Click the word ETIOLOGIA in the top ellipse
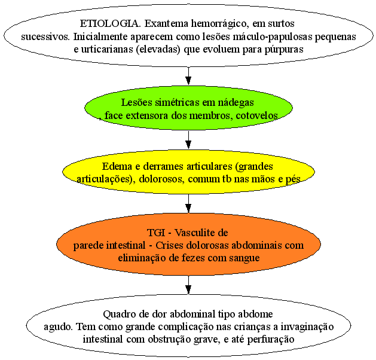point(110,23)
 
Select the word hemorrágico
point(219,24)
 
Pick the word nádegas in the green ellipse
point(236,103)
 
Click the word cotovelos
point(257,115)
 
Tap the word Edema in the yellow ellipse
point(117,166)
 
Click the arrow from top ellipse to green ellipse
point(188,76)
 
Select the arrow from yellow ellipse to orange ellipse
point(188,203)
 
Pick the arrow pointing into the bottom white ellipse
point(188,285)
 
